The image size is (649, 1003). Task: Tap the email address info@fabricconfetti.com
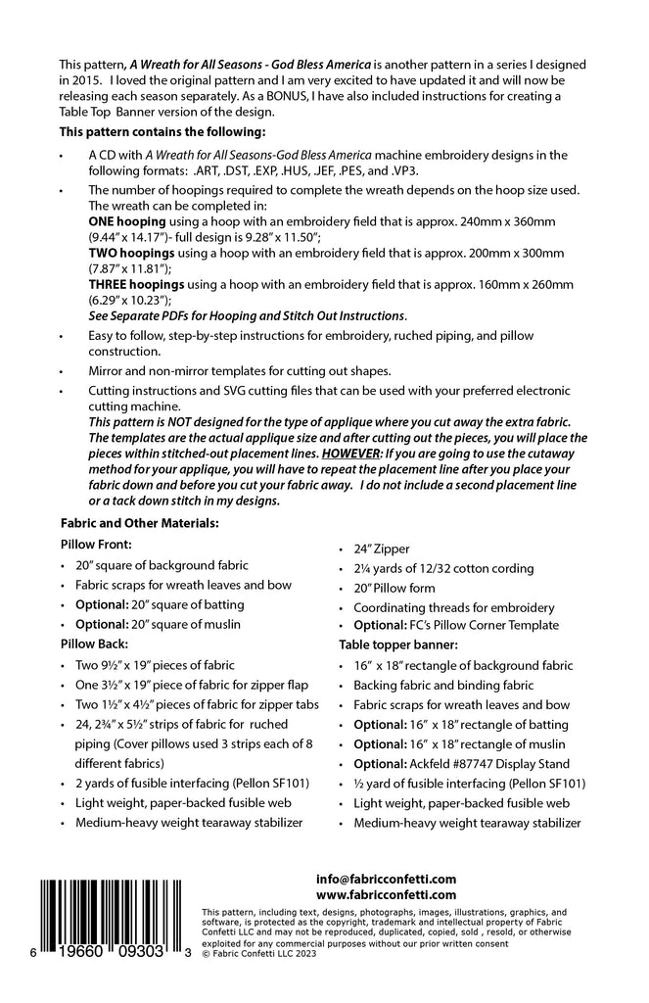coord(387,879)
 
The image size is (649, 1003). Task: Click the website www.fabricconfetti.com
coord(387,894)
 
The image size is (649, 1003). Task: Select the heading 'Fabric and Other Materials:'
coord(139,523)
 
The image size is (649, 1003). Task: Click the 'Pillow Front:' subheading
coord(96,543)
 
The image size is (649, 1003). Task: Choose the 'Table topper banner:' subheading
coord(400,645)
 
